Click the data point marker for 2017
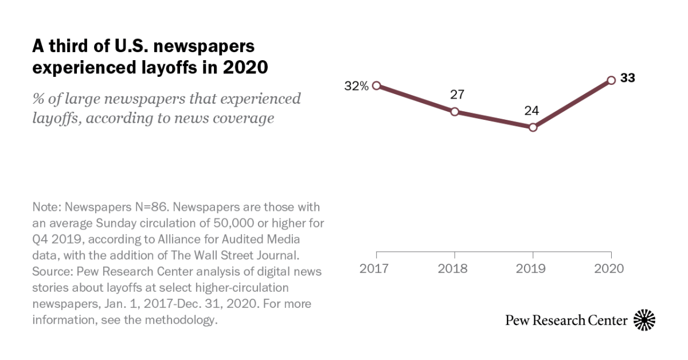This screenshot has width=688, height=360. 377,85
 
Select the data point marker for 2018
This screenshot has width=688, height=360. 455,112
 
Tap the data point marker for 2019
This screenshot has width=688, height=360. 533,127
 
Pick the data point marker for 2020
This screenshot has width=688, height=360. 611,80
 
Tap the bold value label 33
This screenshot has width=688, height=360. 628,79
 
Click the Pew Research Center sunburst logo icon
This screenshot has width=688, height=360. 644,320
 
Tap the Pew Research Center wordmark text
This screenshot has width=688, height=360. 566,320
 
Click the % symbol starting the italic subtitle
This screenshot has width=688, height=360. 38,99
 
